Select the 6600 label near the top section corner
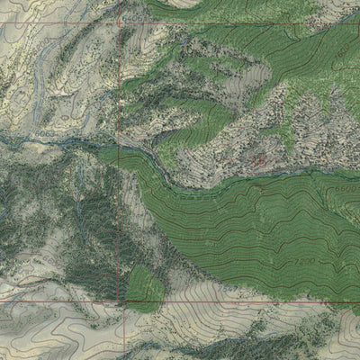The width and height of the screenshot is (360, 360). pyautogui.click(x=135, y=14)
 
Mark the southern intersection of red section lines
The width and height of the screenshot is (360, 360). pyautogui.click(x=121, y=301)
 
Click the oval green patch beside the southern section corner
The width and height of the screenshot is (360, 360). pyautogui.click(x=145, y=288)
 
